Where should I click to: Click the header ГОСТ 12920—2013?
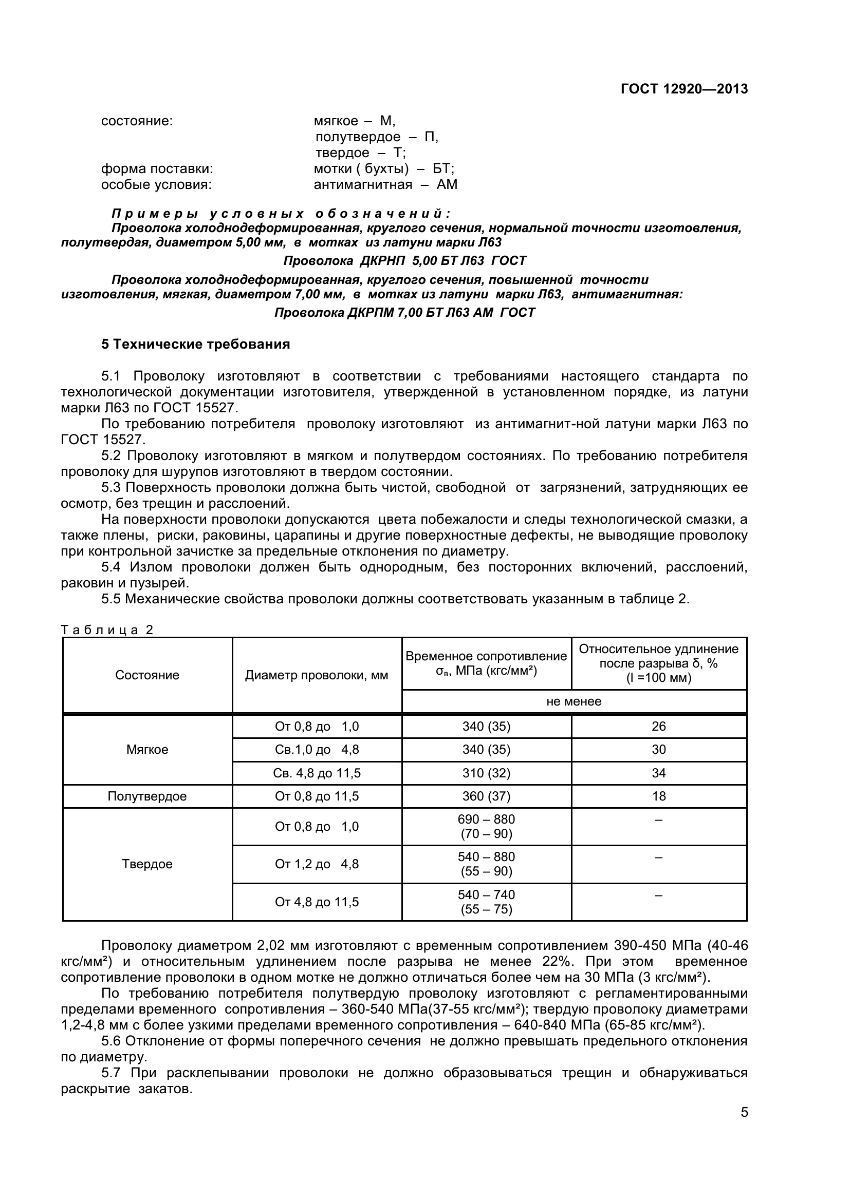[684, 89]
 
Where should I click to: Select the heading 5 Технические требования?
[195, 344]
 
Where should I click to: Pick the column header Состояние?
[147, 675]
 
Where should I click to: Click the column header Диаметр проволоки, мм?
[317, 675]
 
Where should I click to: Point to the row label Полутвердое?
[147, 796]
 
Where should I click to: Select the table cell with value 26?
[658, 726]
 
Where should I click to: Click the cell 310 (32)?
[486, 773]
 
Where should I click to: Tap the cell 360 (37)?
[486, 796]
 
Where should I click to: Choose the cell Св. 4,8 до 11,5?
[317, 773]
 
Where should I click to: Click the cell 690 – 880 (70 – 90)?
[486, 827]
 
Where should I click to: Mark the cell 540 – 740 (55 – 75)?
[486, 902]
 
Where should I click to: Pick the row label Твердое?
[147, 864]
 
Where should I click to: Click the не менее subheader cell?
[574, 701]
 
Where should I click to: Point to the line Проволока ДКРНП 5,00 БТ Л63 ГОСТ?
[404, 260]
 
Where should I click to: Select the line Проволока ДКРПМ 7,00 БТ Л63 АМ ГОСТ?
[404, 313]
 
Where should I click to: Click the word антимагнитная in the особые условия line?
[363, 185]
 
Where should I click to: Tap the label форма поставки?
[157, 169]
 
